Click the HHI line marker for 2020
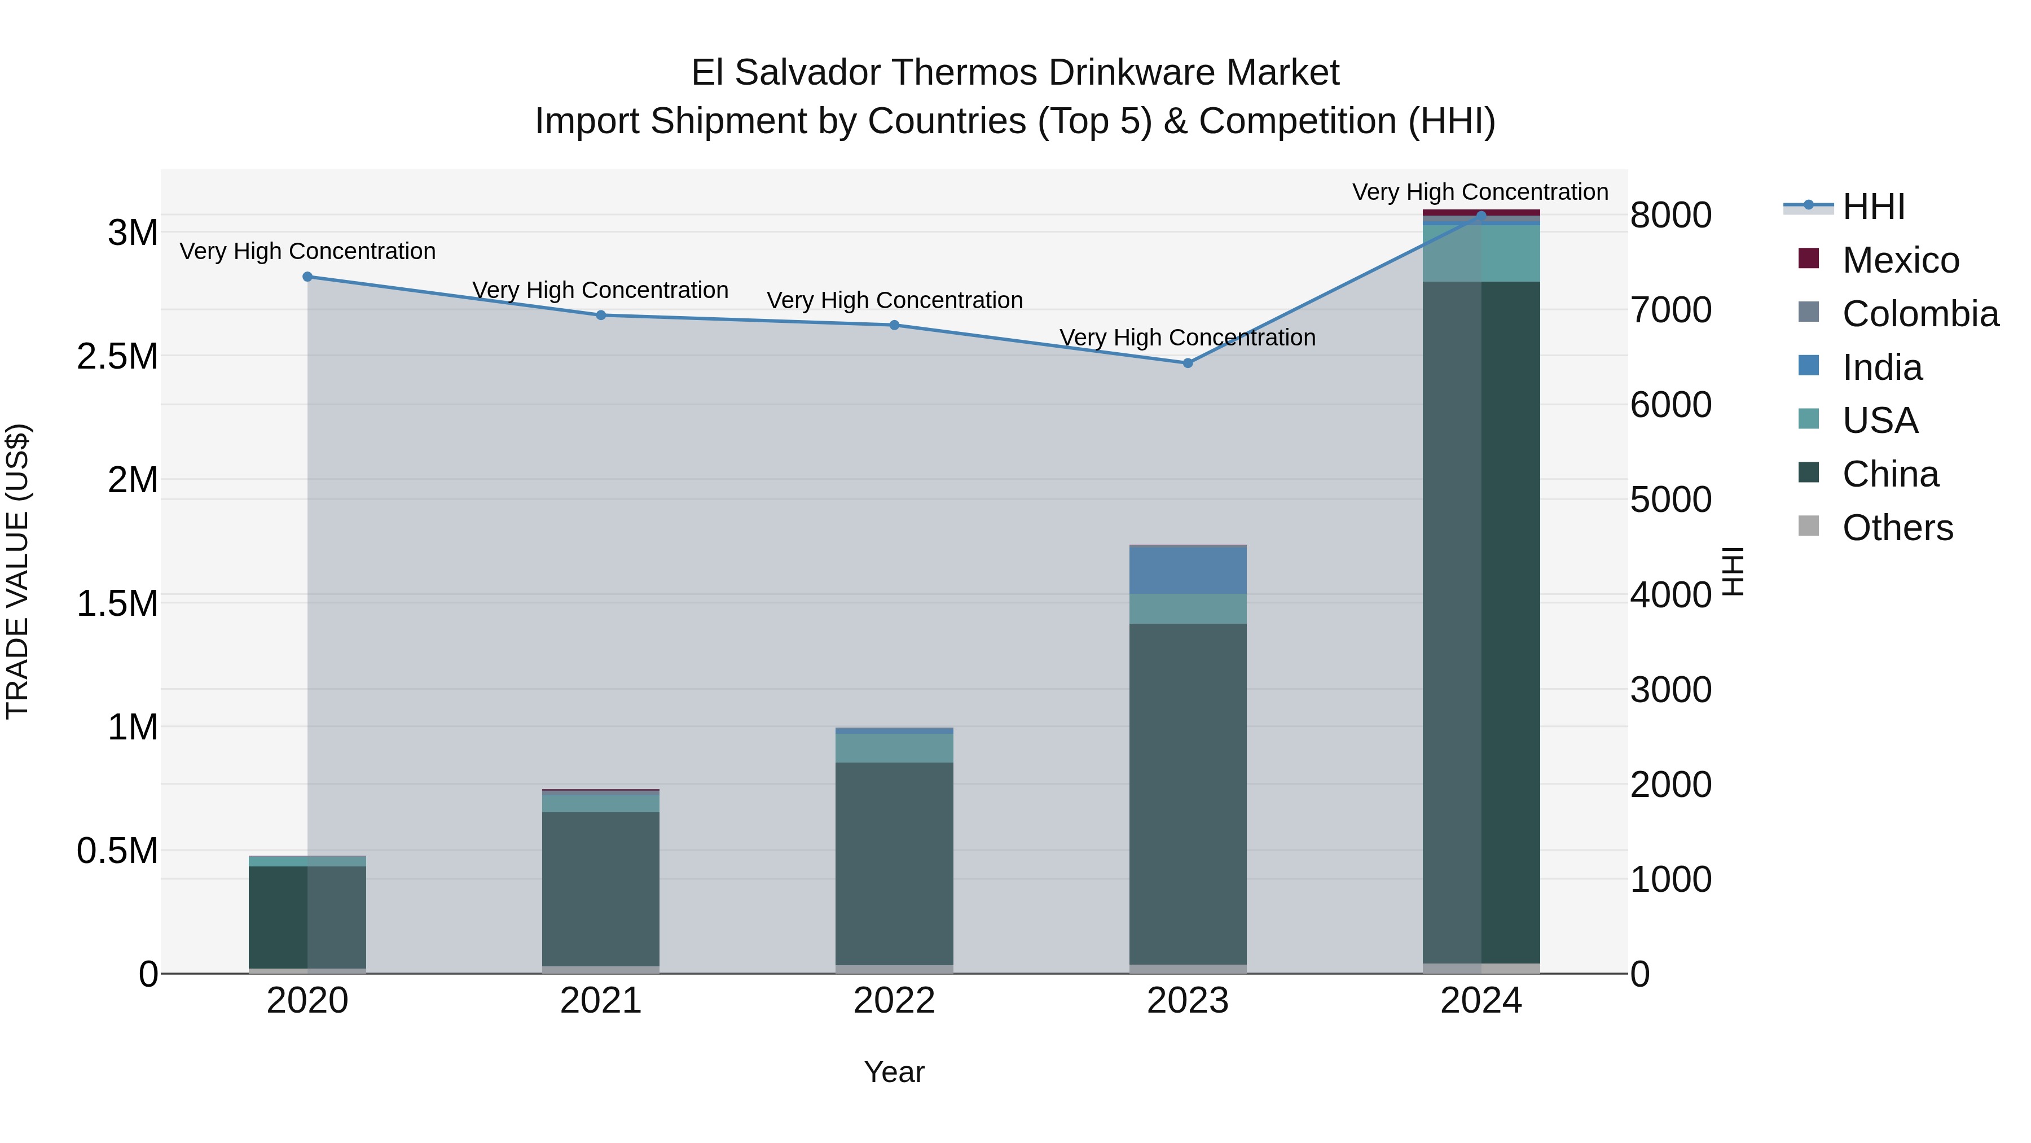tap(307, 277)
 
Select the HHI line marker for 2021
tap(601, 316)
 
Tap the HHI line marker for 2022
tap(894, 325)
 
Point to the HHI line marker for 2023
tap(1188, 363)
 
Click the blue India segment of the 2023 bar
tap(1188, 570)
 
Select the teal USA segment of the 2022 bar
tap(894, 748)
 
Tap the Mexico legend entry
tap(1901, 260)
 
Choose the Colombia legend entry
tap(1920, 314)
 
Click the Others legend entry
tap(1897, 528)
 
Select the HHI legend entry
tap(1873, 207)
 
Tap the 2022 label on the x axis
tap(894, 1001)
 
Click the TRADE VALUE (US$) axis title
tap(17, 571)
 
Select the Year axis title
tap(894, 1072)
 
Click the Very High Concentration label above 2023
tap(1188, 338)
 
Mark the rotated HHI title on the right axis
tap(1734, 571)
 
